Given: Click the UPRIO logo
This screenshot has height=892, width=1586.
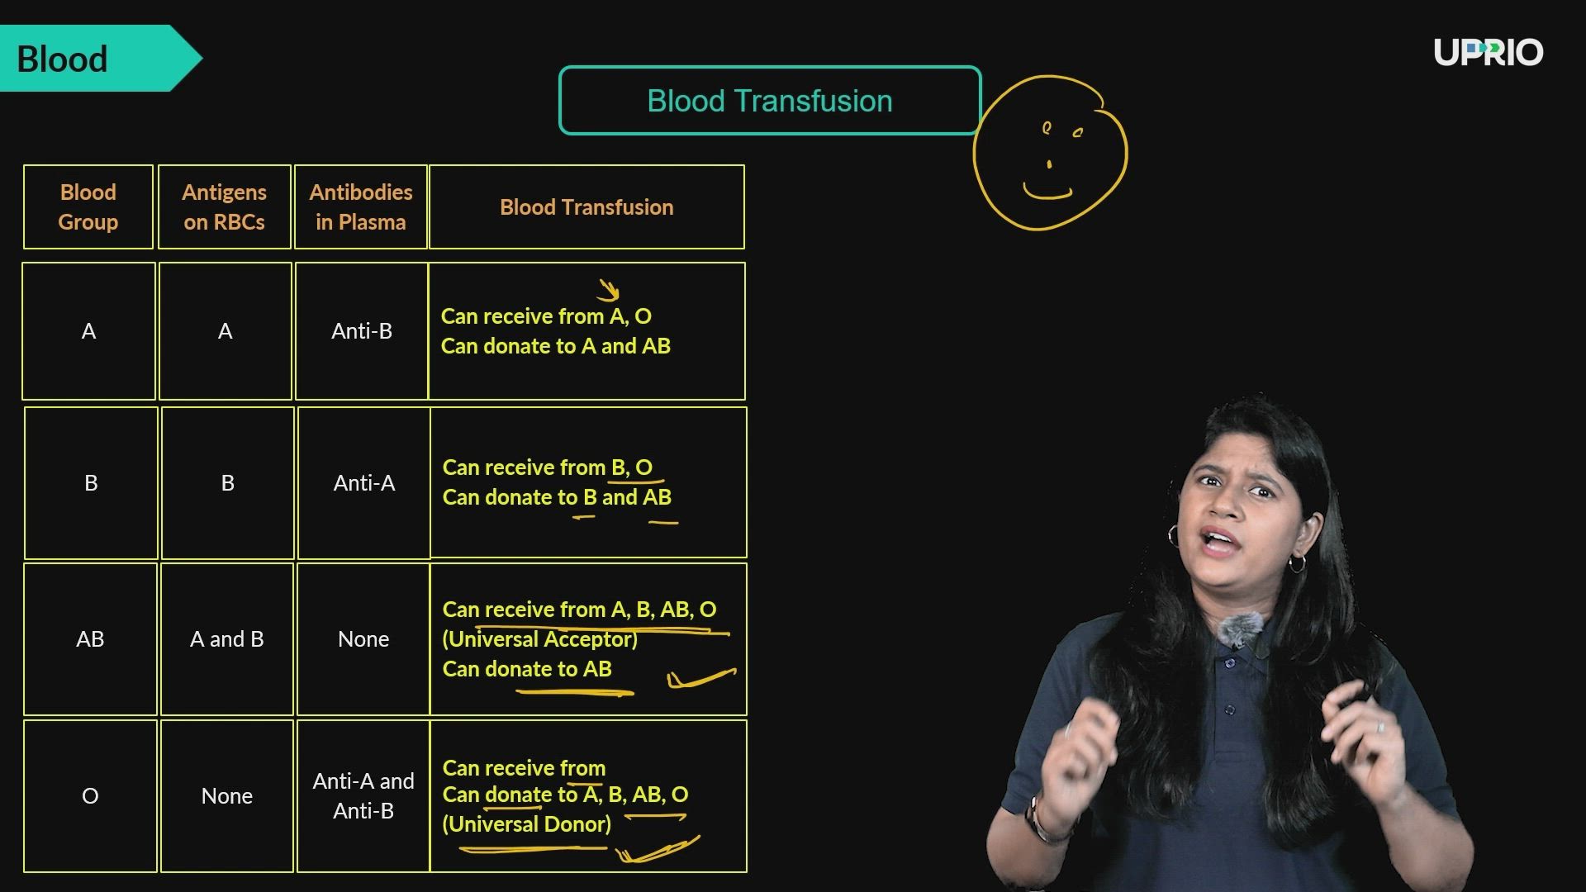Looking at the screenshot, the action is click(1489, 52).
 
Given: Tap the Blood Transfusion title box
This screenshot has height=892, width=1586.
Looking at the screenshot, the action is click(770, 101).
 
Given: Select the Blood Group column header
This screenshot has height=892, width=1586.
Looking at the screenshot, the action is click(88, 206).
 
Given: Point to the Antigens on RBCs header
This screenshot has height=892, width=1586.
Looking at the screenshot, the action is click(225, 206).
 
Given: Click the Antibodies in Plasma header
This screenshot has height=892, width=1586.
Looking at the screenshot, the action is click(361, 206).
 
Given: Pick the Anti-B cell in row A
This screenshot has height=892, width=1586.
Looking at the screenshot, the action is click(362, 331).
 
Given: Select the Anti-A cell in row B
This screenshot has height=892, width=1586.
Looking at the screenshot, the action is click(364, 483).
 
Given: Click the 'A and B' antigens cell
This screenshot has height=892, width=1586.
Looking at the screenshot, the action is click(227, 639).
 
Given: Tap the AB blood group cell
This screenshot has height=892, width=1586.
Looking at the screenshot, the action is click(90, 639).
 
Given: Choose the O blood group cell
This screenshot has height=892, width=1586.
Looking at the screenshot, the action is click(90, 796).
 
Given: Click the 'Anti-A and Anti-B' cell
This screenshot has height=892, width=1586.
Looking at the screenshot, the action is click(363, 796).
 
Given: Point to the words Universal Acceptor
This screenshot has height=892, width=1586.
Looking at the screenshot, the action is click(540, 639).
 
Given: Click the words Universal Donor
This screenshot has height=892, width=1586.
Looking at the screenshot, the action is click(527, 824).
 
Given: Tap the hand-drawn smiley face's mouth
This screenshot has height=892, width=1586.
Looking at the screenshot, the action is click(1047, 192).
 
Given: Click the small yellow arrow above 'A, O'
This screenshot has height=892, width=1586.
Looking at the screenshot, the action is click(609, 290).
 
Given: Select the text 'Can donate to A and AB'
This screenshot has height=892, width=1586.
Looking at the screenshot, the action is click(556, 346).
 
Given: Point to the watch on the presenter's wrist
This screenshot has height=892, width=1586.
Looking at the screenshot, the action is click(1040, 818).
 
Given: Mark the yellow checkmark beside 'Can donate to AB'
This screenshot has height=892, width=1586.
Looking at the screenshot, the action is click(701, 678).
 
